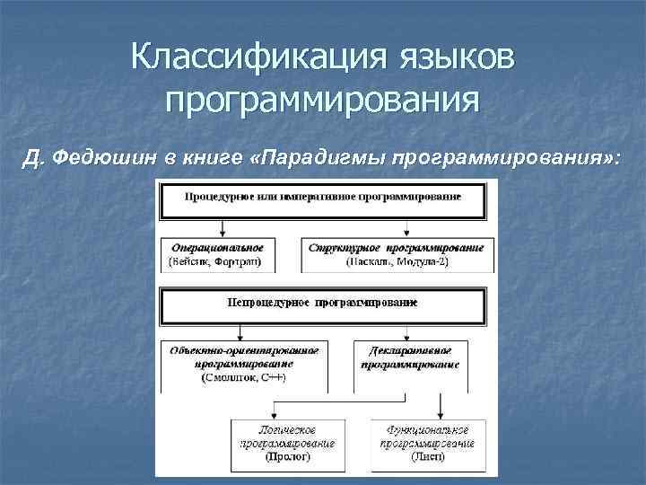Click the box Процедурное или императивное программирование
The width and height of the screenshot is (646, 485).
pyautogui.click(x=323, y=198)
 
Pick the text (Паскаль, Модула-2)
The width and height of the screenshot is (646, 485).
pyautogui.click(x=396, y=260)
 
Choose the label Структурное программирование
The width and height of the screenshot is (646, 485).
pyautogui.click(x=396, y=246)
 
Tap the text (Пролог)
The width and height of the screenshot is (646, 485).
pyautogui.click(x=287, y=457)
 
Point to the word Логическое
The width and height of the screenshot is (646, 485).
pyautogui.click(x=287, y=430)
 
